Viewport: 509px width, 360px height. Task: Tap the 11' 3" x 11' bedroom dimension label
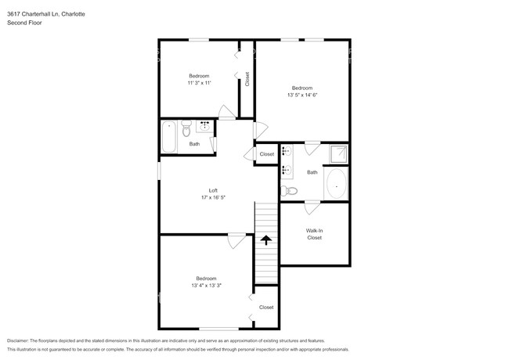point(198,82)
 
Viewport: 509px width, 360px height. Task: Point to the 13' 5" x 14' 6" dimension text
point(303,95)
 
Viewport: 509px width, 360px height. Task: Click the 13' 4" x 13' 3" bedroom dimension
point(206,286)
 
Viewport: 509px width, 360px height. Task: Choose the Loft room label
point(212,190)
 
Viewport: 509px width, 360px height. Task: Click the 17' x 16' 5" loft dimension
point(212,198)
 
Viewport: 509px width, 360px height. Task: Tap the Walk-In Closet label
point(314,233)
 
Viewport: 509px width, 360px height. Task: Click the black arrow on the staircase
point(267,240)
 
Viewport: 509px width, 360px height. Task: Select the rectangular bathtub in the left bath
point(169,136)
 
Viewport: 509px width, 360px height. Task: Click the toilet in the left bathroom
point(186,129)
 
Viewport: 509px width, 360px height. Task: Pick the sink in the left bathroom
point(205,124)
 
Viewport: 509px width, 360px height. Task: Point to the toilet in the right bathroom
point(290,190)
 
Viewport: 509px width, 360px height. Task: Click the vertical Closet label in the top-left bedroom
point(247,79)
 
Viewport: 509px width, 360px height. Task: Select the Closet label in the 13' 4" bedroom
point(266,308)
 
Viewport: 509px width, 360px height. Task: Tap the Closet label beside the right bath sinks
point(267,154)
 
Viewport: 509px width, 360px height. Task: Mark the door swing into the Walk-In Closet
point(311,207)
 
